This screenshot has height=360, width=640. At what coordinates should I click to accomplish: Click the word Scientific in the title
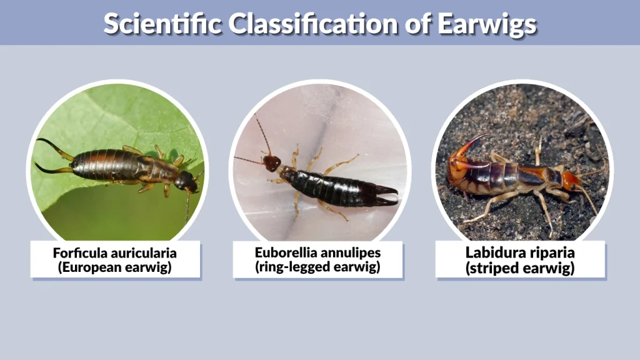pyautogui.click(x=161, y=23)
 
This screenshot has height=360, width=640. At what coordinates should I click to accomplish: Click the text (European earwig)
pyautogui.click(x=115, y=267)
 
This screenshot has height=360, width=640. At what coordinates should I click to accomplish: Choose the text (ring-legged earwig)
pyautogui.click(x=318, y=267)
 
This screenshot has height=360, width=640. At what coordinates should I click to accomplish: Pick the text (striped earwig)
pyautogui.click(x=520, y=267)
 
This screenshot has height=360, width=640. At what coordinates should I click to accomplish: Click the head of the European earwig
pyautogui.click(x=185, y=181)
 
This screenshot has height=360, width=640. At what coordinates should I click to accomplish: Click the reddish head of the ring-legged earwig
pyautogui.click(x=272, y=162)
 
